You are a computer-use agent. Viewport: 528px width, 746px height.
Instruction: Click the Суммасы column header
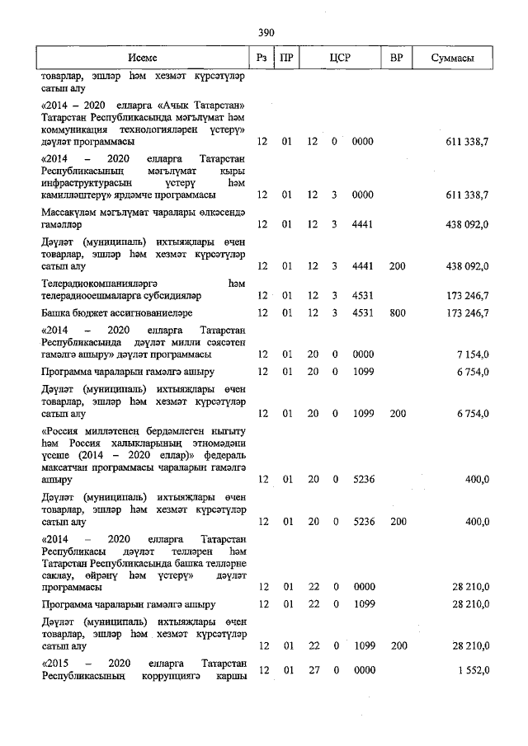452,59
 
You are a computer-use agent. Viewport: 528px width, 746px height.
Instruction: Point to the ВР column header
396,59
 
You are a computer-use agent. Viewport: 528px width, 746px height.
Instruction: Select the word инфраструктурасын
87,183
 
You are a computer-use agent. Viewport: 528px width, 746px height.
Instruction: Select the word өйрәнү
113,575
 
